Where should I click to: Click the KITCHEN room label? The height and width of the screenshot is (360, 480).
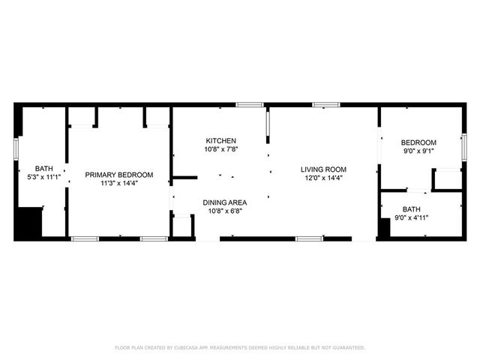coord(221,141)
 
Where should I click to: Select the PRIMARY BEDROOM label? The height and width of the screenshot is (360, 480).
coord(118,175)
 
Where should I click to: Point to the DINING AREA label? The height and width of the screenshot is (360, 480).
coord(224,202)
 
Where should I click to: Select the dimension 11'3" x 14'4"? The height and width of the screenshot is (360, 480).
coord(118,184)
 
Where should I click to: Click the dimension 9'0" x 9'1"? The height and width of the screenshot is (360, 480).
coord(418,152)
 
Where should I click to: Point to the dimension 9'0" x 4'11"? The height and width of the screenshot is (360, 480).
coord(411,218)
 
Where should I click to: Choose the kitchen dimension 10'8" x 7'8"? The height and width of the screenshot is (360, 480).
coord(221,150)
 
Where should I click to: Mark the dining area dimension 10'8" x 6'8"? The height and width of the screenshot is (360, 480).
coord(224,211)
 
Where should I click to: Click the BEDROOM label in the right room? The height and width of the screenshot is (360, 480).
coord(418,143)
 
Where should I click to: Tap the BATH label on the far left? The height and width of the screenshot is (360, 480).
coord(43,169)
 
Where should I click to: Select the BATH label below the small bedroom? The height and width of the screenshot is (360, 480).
coord(411,209)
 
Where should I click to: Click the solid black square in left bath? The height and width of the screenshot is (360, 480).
coord(28,223)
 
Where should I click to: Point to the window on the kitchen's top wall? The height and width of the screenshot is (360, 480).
coord(249,104)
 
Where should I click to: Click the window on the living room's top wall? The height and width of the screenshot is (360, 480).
coord(325,104)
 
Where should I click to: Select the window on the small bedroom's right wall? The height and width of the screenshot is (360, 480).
coord(463,146)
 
